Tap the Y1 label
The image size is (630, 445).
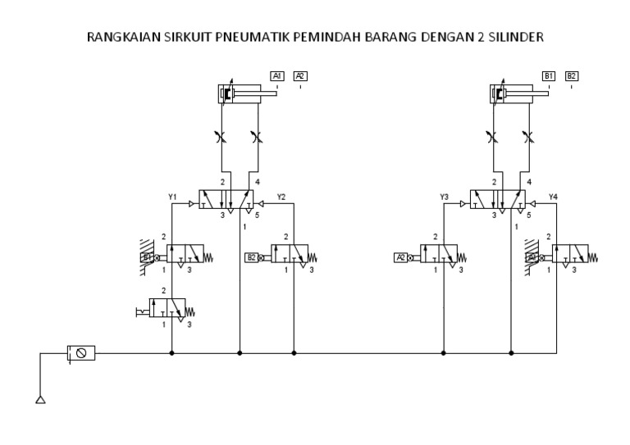pyautogui.click(x=172, y=197)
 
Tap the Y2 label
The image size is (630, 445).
pyautogui.click(x=281, y=197)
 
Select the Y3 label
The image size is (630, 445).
pyautogui.click(x=445, y=197)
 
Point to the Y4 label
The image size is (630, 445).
pyautogui.click(x=553, y=197)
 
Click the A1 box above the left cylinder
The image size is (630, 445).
pyautogui.click(x=277, y=76)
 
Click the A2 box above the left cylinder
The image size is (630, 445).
pyautogui.click(x=300, y=76)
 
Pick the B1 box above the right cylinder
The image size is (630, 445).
pyautogui.click(x=549, y=76)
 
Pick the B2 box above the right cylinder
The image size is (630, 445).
pyautogui.click(x=572, y=76)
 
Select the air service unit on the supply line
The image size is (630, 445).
pyautogui.click(x=81, y=353)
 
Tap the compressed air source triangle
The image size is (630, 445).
pyautogui.click(x=40, y=400)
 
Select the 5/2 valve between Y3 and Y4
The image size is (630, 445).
pyautogui.click(x=503, y=200)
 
